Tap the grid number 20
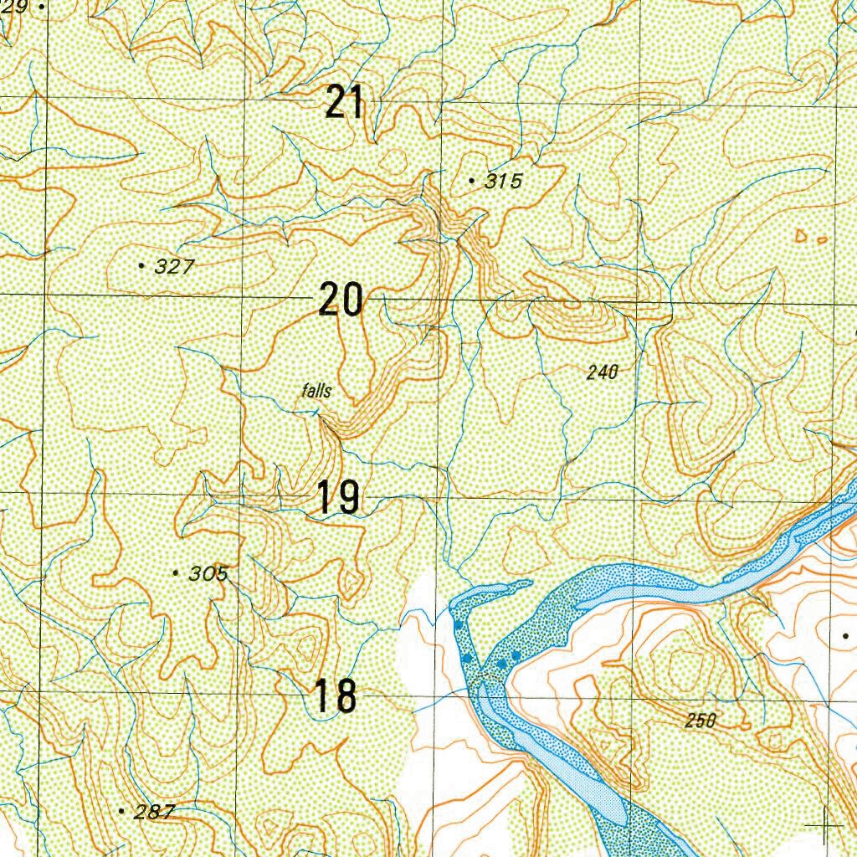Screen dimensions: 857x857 click(x=341, y=300)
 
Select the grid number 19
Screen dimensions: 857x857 click(x=338, y=498)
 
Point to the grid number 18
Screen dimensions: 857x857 click(x=335, y=697)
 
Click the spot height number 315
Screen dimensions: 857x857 click(x=503, y=181)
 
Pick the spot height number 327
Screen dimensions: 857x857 click(x=175, y=267)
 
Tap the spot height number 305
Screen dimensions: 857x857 click(x=208, y=574)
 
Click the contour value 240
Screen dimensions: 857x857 click(x=602, y=372)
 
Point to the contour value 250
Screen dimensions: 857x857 click(x=700, y=721)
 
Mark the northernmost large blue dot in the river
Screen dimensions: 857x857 click(x=458, y=625)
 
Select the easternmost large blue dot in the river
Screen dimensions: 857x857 click(x=516, y=654)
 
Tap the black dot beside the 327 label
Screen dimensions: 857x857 click(x=141, y=265)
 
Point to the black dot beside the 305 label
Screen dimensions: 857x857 click(x=175, y=573)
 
